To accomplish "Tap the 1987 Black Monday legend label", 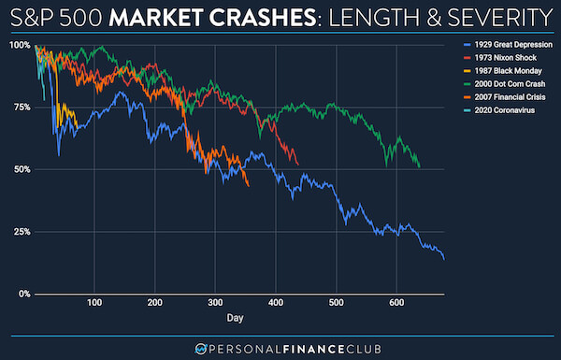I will pyautogui.click(x=503, y=71).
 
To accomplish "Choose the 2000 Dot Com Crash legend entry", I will pyautogui.click(x=506, y=84).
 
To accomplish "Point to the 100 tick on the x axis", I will pyautogui.click(x=94, y=303).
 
